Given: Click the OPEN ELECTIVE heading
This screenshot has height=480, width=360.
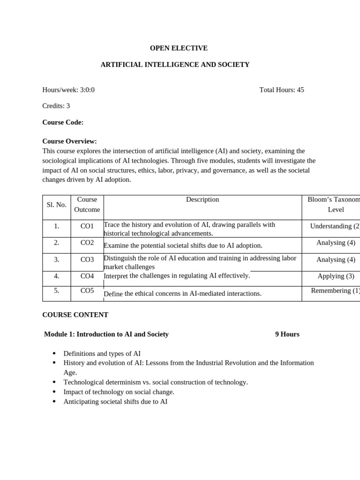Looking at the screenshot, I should click(x=179, y=48).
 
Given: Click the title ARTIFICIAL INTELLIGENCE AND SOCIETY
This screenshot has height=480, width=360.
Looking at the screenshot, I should click(x=175, y=65).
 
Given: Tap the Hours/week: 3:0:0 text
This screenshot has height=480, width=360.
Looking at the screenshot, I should click(x=68, y=90).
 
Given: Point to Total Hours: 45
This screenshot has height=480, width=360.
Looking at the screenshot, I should click(x=281, y=90).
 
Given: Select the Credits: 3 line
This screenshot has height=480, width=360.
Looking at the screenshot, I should click(x=56, y=106).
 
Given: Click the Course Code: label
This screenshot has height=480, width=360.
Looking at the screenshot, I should click(x=63, y=122).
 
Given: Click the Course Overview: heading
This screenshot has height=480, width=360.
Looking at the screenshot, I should click(x=69, y=141).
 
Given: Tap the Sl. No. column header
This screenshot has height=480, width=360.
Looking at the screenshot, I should click(x=56, y=205).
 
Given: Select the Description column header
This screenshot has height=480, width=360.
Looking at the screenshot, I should click(x=202, y=200).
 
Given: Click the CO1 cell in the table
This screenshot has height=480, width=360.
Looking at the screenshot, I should click(x=87, y=226).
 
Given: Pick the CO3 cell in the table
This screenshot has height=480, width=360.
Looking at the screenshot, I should click(x=87, y=260).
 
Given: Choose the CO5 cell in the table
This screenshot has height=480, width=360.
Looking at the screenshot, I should click(x=87, y=291).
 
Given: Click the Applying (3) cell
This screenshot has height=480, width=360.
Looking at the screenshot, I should click(x=336, y=276).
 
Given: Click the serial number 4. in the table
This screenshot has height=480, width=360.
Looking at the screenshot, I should click(x=56, y=276).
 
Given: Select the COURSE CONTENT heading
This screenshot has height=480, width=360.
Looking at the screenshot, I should click(x=75, y=315).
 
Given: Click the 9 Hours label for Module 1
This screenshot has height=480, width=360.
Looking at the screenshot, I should click(x=287, y=334).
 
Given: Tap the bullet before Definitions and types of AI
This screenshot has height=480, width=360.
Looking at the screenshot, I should click(x=54, y=353).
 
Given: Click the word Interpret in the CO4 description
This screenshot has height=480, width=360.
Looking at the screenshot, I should click(x=116, y=277).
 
